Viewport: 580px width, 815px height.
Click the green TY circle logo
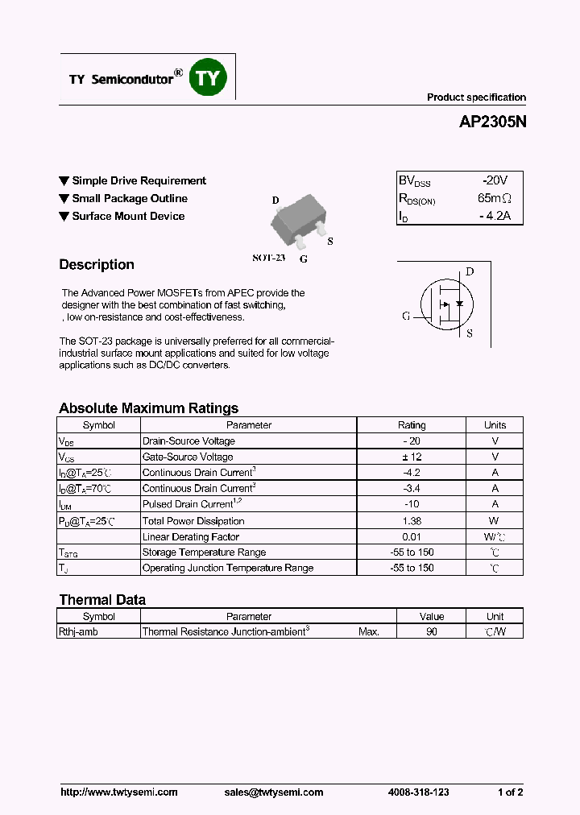pyautogui.click(x=208, y=78)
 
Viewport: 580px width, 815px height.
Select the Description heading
pyautogui.click(x=97, y=265)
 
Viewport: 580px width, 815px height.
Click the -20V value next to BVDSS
pyautogui.click(x=491, y=181)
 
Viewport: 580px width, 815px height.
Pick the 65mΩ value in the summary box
pyautogui.click(x=494, y=199)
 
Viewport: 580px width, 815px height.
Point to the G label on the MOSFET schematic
pyautogui.click(x=406, y=316)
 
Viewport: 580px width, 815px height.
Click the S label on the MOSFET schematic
pyautogui.click(x=470, y=333)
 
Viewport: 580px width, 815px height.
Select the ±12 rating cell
pyautogui.click(x=412, y=457)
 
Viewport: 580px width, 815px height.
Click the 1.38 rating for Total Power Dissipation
pyautogui.click(x=412, y=521)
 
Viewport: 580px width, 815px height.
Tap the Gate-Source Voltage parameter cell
pyautogui.click(x=188, y=457)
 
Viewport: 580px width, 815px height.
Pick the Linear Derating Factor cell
pyautogui.click(x=191, y=537)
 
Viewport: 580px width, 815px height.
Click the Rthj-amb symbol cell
pyautogui.click(x=78, y=632)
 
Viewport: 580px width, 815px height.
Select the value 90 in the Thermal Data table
pyautogui.click(x=432, y=632)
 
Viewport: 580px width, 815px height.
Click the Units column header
pyautogui.click(x=495, y=425)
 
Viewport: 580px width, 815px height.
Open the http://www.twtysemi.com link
pyautogui.click(x=119, y=792)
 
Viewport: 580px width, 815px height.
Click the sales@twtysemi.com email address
pyautogui.click(x=274, y=792)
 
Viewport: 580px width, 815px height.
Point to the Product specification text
pyautogui.click(x=476, y=97)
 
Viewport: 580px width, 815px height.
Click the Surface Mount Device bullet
pyautogui.click(x=127, y=217)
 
